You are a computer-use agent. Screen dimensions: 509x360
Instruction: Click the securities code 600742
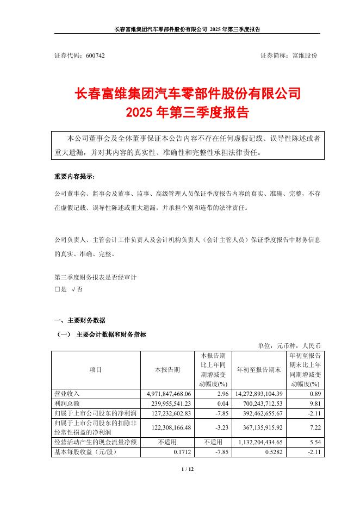click(95, 55)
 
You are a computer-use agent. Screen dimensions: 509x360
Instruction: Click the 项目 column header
click(95, 369)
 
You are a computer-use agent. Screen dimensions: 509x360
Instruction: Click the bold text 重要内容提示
click(75, 177)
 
